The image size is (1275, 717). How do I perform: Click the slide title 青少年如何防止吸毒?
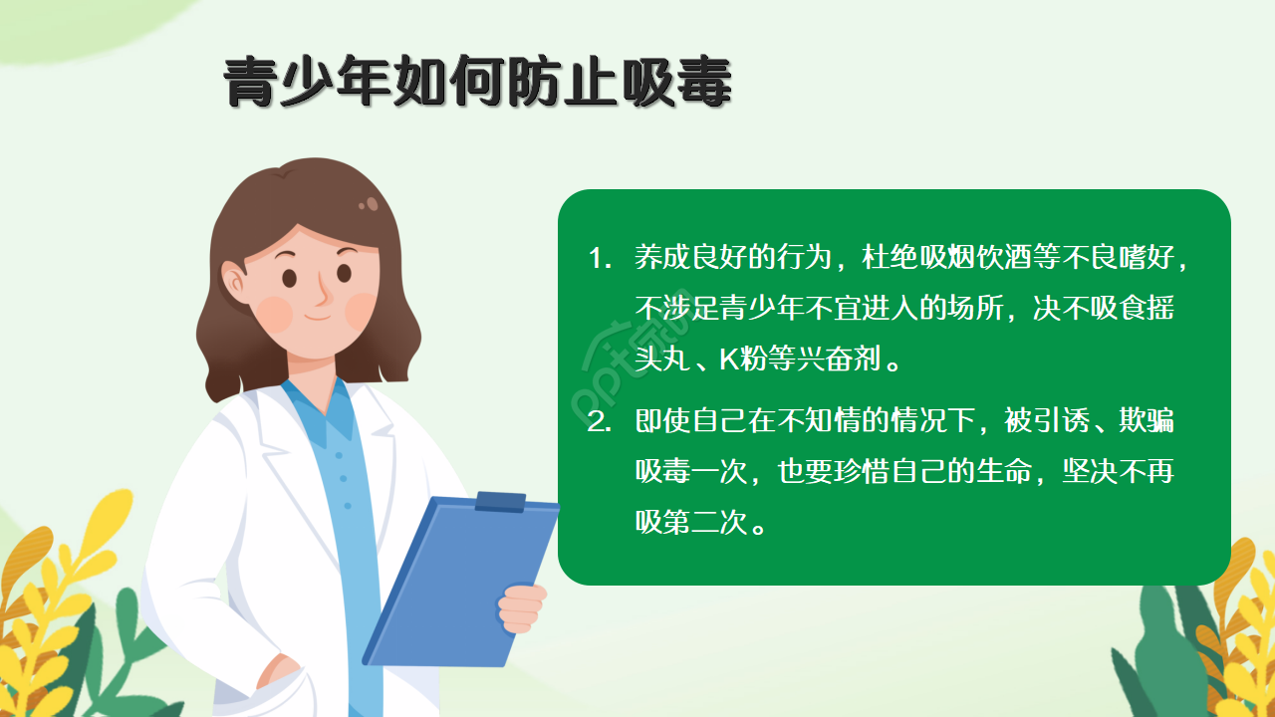point(478,82)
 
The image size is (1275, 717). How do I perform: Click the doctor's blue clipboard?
point(458,583)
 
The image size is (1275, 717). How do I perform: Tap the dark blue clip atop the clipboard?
point(500,502)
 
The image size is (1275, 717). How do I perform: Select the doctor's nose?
point(325,293)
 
